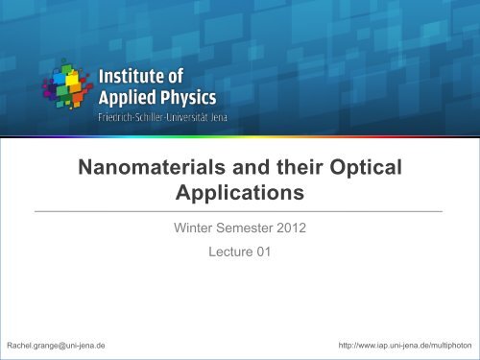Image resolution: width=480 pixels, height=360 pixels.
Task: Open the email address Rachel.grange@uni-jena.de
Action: coord(56,344)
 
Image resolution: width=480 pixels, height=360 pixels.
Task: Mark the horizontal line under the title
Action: coord(240,209)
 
